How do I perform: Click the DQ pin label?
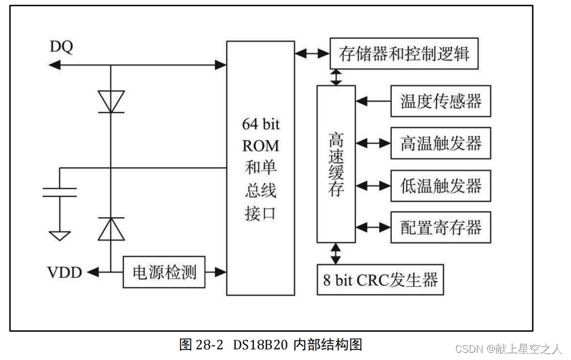pos(62,47)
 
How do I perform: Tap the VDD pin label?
pos(64,273)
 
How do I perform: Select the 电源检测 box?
pos(164,272)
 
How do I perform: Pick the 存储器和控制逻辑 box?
pos(404,54)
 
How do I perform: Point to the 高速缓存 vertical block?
pos(336,163)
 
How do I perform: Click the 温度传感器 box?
pos(441,101)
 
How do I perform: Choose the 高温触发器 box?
pos(441,143)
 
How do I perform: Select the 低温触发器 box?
pos(441,185)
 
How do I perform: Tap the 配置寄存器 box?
pos(441,227)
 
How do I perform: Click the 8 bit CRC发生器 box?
pos(381,279)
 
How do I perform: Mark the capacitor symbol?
pos(60,193)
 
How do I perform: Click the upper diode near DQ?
pos(110,101)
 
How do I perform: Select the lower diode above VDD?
pos(110,229)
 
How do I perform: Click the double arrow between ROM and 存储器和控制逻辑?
pos(312,54)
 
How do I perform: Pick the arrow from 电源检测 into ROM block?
pos(216,272)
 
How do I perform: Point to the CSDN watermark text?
pos(508,349)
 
